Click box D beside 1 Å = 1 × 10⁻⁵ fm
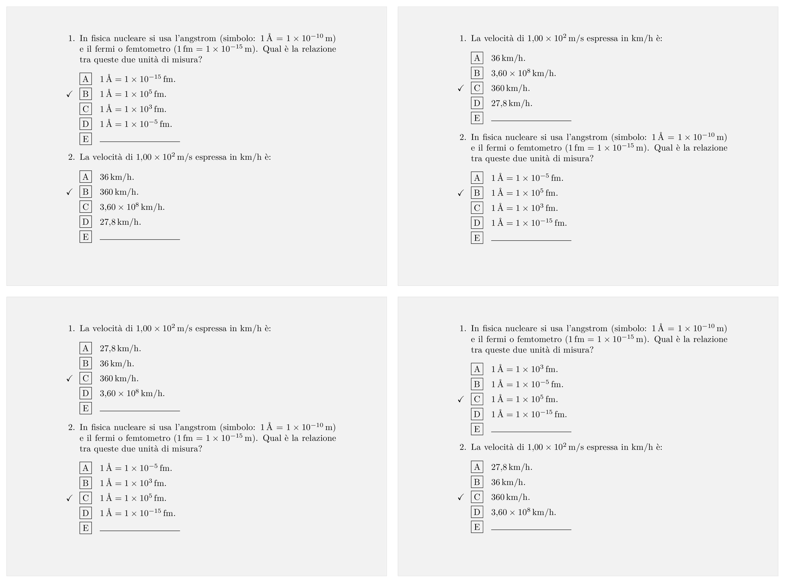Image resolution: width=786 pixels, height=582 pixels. click(x=86, y=124)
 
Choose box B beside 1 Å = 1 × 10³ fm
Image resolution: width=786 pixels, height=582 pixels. click(x=86, y=483)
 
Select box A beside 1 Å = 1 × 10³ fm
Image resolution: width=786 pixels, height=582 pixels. click(x=477, y=369)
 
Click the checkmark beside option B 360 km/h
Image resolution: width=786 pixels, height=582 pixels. click(x=69, y=192)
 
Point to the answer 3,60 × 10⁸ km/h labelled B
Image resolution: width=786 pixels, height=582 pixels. click(x=523, y=73)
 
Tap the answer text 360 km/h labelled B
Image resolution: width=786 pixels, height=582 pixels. click(x=119, y=192)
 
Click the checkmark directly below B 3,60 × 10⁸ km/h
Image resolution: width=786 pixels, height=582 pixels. click(x=461, y=88)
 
